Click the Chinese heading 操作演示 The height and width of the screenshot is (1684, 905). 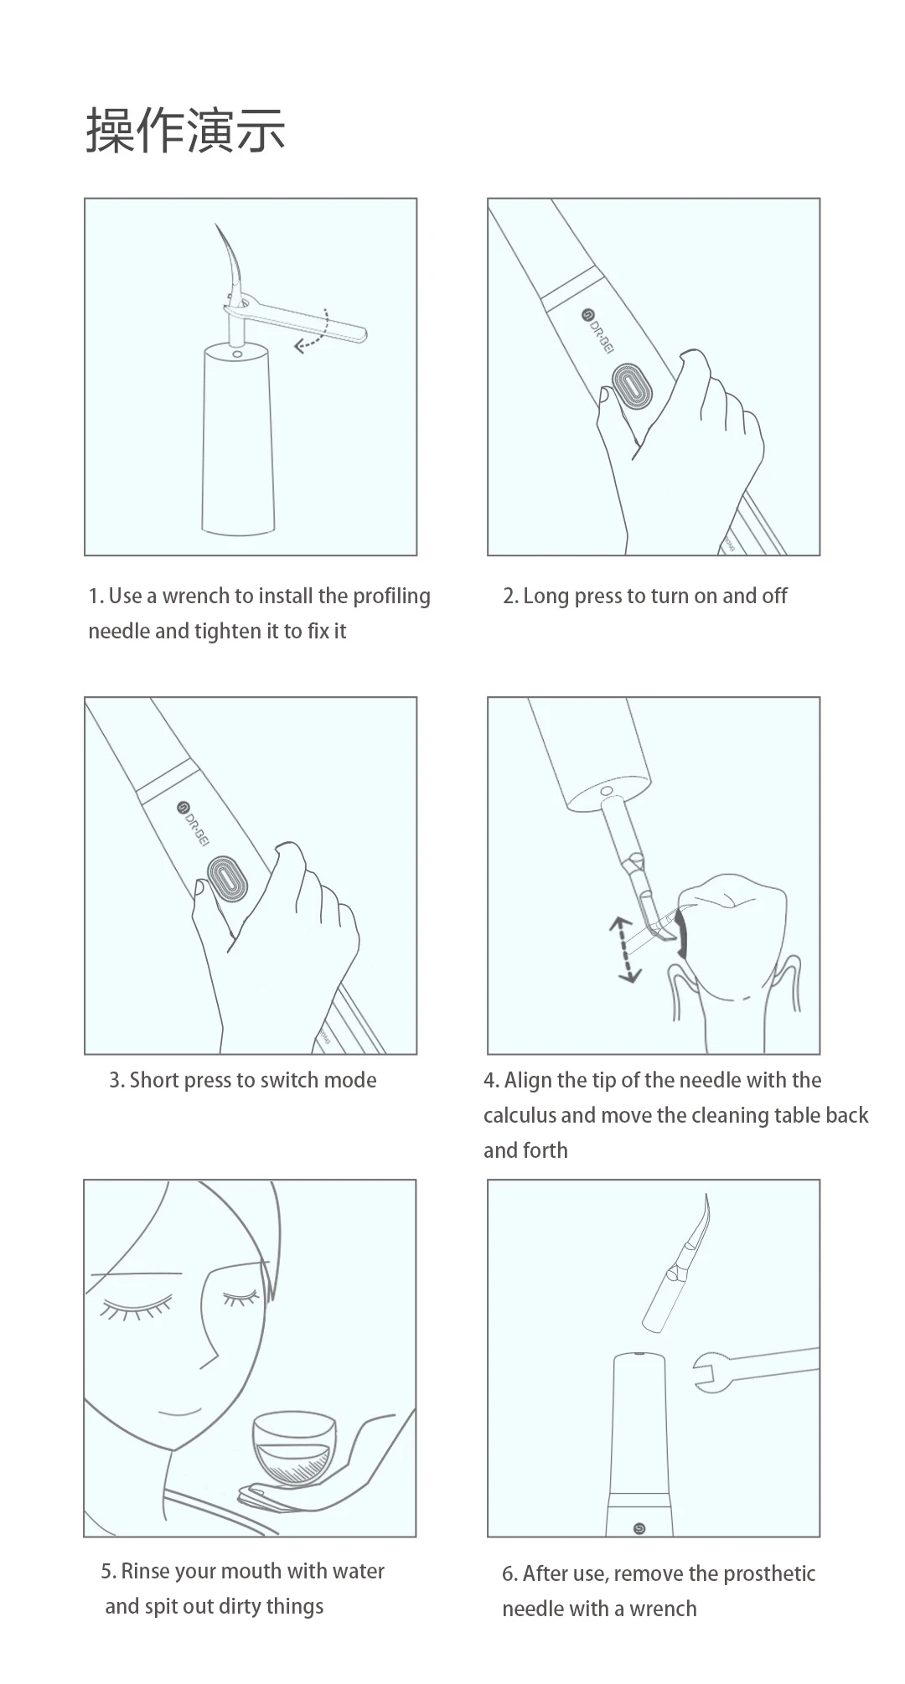185,130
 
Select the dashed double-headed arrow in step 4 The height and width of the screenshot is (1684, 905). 624,949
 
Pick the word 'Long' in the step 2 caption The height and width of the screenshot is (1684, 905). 546,597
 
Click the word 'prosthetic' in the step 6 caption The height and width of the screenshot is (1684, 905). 768,1574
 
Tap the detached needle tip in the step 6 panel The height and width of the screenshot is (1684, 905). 677,1263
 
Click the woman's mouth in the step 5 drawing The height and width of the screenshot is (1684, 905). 179,1412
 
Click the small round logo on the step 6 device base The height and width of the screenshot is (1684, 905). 640,1529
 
